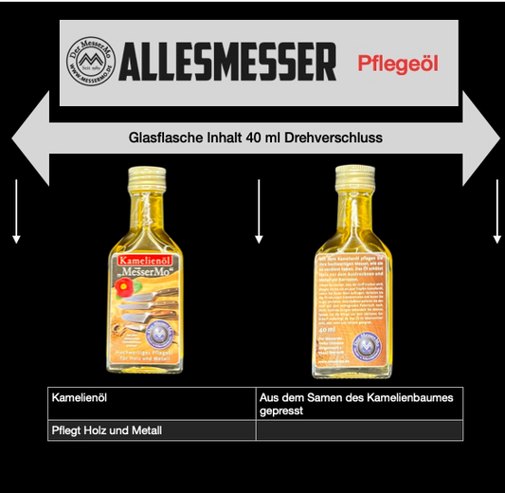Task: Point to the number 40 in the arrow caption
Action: pos(254,137)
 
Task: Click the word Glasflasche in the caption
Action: pos(167,137)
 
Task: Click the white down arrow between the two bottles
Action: pos(258,212)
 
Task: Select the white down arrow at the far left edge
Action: pos(16,212)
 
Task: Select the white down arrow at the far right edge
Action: pos(496,212)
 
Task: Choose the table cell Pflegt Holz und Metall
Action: pos(106,431)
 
